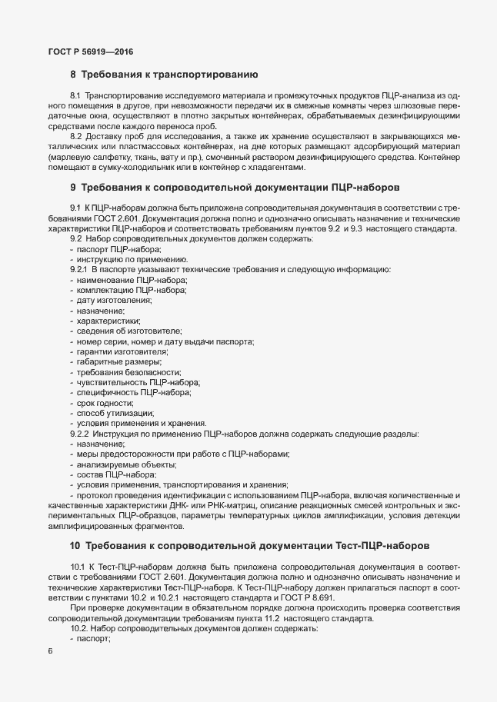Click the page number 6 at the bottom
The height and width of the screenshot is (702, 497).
pyautogui.click(x=50, y=651)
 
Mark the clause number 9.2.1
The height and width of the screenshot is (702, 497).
pyautogui.click(x=79, y=270)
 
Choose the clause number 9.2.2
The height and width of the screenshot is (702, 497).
pyautogui.click(x=79, y=434)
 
